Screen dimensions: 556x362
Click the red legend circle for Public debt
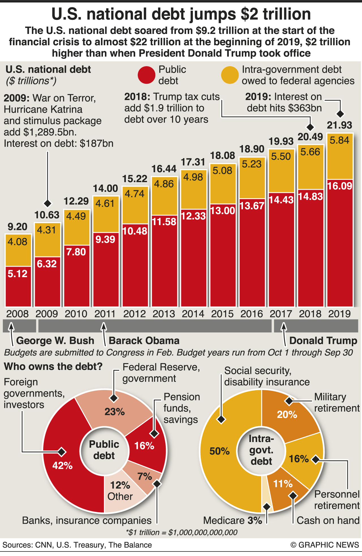coord(146,75)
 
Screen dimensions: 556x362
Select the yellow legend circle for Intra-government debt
coord(230,75)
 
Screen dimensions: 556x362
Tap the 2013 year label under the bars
coord(164,314)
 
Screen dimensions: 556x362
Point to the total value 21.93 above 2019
coord(339,125)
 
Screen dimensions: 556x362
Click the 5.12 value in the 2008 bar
coord(18,274)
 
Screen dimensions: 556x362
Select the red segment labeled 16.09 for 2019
coord(340,243)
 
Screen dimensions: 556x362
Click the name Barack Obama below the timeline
coord(144,341)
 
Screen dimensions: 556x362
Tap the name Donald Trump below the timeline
coord(323,341)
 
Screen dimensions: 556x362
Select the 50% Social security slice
coord(219,451)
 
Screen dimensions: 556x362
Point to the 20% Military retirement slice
coord(287,415)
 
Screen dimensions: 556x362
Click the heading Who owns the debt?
coord(53,367)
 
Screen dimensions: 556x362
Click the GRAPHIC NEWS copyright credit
coord(325,545)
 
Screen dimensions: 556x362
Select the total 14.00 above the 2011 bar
coord(105,188)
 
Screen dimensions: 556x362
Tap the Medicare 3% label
coord(232,520)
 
